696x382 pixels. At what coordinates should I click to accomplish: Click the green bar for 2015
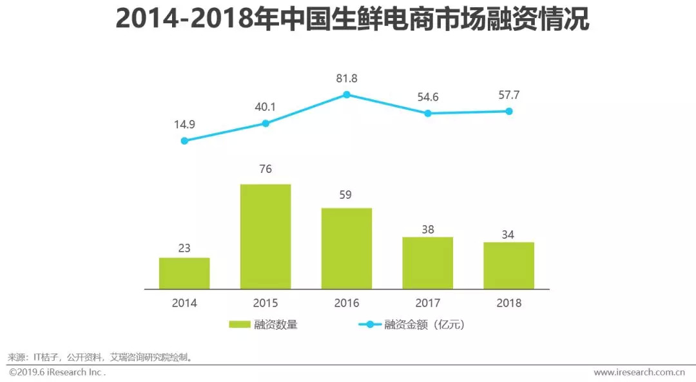click(266, 236)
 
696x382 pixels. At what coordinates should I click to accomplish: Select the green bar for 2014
click(184, 273)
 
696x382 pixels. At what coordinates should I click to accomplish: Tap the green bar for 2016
click(347, 248)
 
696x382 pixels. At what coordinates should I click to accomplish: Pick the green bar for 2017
click(428, 263)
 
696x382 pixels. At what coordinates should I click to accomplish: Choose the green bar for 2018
click(509, 265)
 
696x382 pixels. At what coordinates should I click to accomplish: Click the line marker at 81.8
click(347, 94)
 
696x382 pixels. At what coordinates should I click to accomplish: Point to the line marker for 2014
click(184, 141)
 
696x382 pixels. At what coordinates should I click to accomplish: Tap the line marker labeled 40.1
click(266, 123)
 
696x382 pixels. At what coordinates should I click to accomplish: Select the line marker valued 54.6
click(428, 114)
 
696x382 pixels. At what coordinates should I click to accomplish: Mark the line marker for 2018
click(509, 111)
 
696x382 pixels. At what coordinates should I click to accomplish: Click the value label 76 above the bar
click(266, 170)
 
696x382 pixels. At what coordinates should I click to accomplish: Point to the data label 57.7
click(509, 95)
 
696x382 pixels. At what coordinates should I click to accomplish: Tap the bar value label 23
click(184, 248)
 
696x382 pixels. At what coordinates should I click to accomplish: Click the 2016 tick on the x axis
click(347, 303)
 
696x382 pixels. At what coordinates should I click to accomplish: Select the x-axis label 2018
click(509, 303)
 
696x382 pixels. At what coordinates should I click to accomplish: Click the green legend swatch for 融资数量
click(244, 325)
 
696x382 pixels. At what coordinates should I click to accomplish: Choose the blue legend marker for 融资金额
click(369, 325)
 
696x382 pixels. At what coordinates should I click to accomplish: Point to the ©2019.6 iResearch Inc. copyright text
click(57, 372)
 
